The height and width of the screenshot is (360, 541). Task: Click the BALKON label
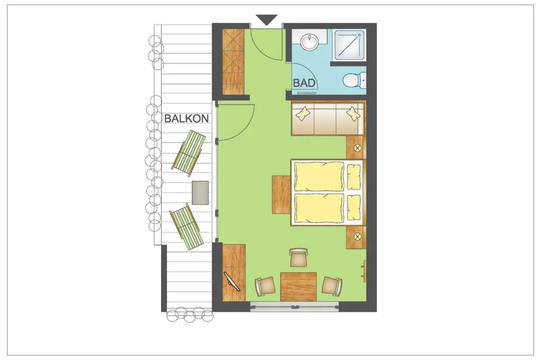pyautogui.click(x=186, y=118)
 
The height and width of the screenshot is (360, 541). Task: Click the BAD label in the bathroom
pyautogui.click(x=304, y=83)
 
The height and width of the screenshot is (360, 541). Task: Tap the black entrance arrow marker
pyautogui.click(x=267, y=20)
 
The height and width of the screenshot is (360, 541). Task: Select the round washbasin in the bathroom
pyautogui.click(x=310, y=42)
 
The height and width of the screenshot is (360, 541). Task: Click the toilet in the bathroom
pyautogui.click(x=355, y=80)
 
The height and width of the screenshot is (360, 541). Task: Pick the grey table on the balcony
pyautogui.click(x=200, y=193)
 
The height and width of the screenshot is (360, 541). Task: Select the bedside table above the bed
pyautogui.click(x=356, y=148)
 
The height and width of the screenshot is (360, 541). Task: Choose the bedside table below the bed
pyautogui.click(x=356, y=237)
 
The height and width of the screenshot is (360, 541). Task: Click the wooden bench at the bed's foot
pyautogui.click(x=281, y=194)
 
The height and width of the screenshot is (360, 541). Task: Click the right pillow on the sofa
pyautogui.click(x=352, y=113)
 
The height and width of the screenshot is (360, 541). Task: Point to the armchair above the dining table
pyautogui.click(x=299, y=257)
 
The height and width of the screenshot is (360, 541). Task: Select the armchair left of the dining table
pyautogui.click(x=265, y=286)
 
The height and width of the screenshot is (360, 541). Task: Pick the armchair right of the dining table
pyautogui.click(x=332, y=286)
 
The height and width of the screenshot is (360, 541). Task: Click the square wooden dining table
pyautogui.click(x=299, y=287)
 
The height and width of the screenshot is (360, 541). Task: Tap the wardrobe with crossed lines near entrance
pyautogui.click(x=234, y=61)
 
